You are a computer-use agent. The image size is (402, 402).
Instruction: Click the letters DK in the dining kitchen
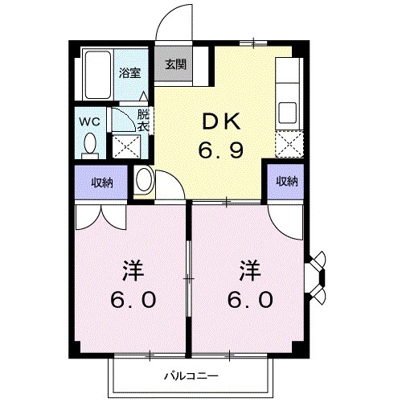coord(219,121)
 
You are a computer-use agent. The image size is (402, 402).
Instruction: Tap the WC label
coord(88,122)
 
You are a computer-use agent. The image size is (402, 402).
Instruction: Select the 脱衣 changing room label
coord(142,120)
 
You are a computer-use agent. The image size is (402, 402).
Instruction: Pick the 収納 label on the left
coord(101,182)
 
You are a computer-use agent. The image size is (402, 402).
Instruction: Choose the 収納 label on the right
coord(287,181)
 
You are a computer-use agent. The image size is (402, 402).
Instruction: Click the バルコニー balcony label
coord(191,375)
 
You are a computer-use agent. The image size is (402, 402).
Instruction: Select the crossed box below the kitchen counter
coord(286,145)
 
